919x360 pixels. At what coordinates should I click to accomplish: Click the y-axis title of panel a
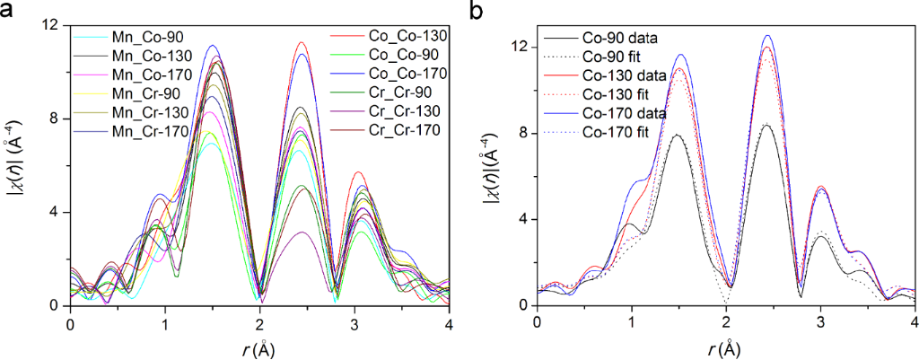pyautogui.click(x=21, y=166)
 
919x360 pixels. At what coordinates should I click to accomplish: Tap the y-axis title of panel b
pyautogui.click(x=493, y=166)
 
